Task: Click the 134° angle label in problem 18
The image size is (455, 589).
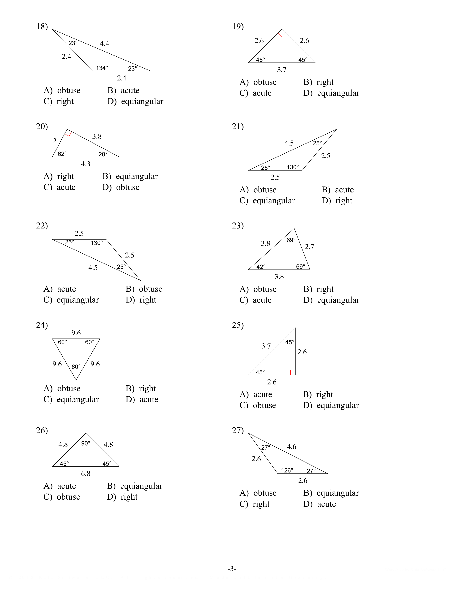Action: pos(102,68)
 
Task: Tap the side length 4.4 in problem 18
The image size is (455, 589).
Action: pos(105,43)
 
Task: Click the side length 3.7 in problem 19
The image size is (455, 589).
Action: pos(282,70)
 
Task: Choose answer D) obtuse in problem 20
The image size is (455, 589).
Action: pos(121,187)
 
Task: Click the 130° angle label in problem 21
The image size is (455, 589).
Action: pos(293,167)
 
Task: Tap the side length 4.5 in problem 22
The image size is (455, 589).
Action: pos(93,268)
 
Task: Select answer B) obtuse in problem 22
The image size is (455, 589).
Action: pos(144,289)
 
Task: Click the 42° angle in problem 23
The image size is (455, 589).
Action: pos(261,267)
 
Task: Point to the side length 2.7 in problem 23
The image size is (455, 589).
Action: pos(309,247)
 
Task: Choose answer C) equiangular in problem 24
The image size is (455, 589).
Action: pos(71,399)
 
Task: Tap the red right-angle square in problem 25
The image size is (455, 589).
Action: pos(293,372)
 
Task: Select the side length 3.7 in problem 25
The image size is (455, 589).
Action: pos(266,346)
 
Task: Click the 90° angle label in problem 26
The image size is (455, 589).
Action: pos(86,443)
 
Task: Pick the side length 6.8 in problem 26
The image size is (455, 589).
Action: pos(86,474)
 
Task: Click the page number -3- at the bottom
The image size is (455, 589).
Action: pos(232,569)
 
